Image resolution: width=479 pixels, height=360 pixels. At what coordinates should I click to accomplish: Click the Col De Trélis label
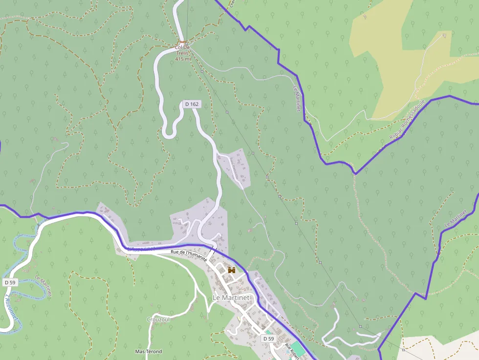coord(182,51)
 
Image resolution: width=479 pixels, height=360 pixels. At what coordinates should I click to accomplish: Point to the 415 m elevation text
coord(182,59)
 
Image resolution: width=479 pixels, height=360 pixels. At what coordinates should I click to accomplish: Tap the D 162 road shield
coord(192,104)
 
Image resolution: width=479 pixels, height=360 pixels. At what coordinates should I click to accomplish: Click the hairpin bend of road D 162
coord(169,133)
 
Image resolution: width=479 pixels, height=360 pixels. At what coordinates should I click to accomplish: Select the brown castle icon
coord(231,270)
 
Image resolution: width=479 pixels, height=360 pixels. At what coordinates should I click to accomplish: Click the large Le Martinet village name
coord(231,297)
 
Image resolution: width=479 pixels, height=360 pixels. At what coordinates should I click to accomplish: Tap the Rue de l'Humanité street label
coord(189,255)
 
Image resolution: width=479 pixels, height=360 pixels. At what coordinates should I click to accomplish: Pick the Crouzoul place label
coord(158,319)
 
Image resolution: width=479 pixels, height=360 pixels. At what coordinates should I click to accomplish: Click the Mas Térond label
coord(149,351)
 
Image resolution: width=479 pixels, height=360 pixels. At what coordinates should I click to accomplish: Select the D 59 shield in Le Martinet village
coord(268,339)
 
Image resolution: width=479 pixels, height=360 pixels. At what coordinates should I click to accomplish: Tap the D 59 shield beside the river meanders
coord(10,282)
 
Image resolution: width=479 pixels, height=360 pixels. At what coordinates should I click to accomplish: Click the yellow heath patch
coord(391,68)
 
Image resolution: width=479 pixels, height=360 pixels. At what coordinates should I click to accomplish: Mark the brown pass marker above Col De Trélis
coord(182,42)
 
